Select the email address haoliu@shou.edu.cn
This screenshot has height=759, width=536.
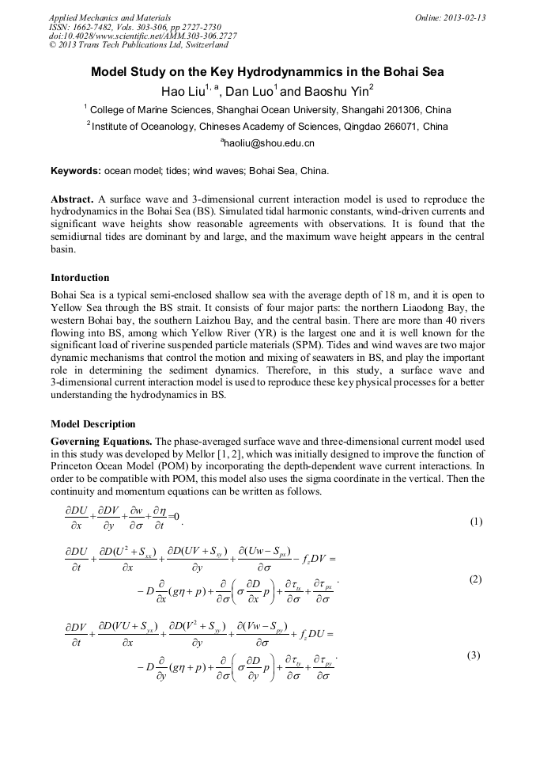268,143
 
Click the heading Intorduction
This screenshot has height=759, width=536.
80,278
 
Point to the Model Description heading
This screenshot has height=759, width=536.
92,423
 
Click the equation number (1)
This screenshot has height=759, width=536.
476,522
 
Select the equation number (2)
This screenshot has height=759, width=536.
475,579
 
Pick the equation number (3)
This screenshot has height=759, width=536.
474,655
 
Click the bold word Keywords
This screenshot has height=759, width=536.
75,170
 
